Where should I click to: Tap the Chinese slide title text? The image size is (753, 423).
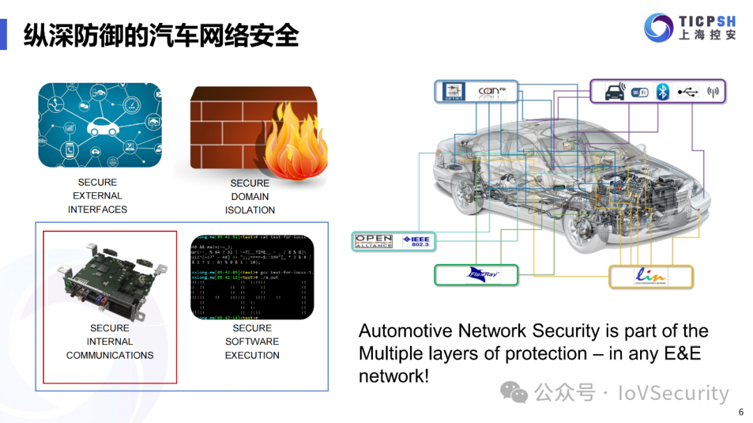point(161,35)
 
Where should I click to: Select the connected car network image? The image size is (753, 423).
point(100,125)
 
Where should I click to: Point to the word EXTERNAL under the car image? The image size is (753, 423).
point(97,196)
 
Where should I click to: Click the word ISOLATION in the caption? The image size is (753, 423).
point(250,210)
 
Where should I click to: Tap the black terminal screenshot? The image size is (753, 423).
point(252,277)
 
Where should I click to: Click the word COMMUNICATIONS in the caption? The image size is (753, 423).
point(109,355)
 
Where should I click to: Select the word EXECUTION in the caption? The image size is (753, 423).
point(252,355)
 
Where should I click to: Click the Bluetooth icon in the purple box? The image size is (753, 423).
point(663,92)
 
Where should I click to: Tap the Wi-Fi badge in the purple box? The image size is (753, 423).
point(639,92)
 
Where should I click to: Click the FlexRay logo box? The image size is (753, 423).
point(476,275)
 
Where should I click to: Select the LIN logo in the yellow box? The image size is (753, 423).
point(651,276)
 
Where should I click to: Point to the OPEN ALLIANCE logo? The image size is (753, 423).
point(374,242)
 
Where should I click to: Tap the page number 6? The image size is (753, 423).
point(741,411)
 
